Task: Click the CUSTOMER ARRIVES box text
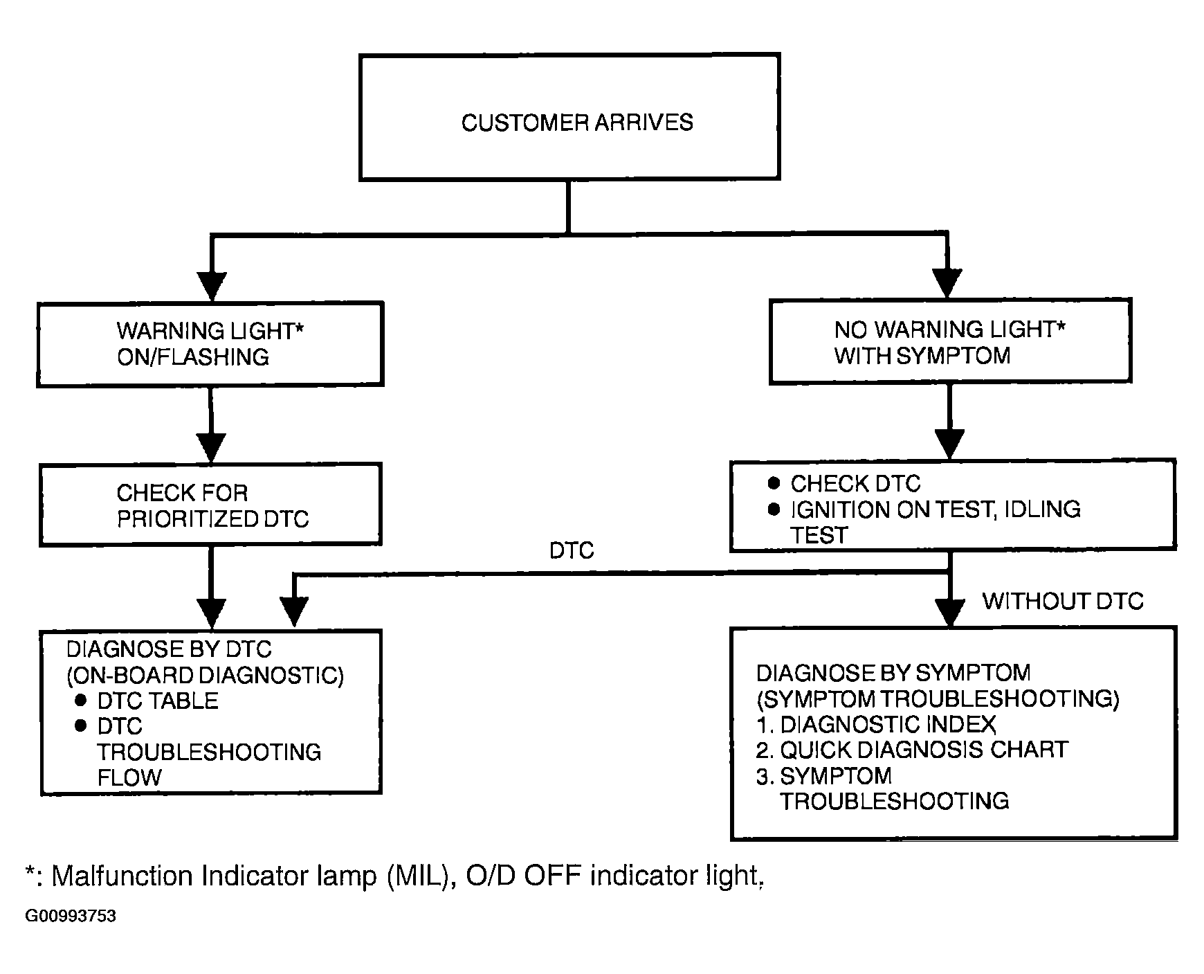[x=577, y=123]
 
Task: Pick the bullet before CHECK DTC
[x=774, y=483]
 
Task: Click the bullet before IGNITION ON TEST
[x=774, y=509]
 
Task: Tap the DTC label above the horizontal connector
[x=572, y=550]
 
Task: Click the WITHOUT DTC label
[x=1063, y=601]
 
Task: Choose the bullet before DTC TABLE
[x=81, y=701]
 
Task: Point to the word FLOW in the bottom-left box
[x=129, y=777]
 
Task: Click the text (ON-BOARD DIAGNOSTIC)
[x=205, y=675]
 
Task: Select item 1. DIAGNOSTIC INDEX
[x=876, y=725]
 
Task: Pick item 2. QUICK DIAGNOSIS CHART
[x=912, y=750]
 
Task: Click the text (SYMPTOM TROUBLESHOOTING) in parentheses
[x=938, y=699]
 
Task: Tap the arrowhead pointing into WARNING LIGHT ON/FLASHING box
[x=212, y=287]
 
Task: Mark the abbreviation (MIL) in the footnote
[x=416, y=876]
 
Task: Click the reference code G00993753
[x=71, y=917]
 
